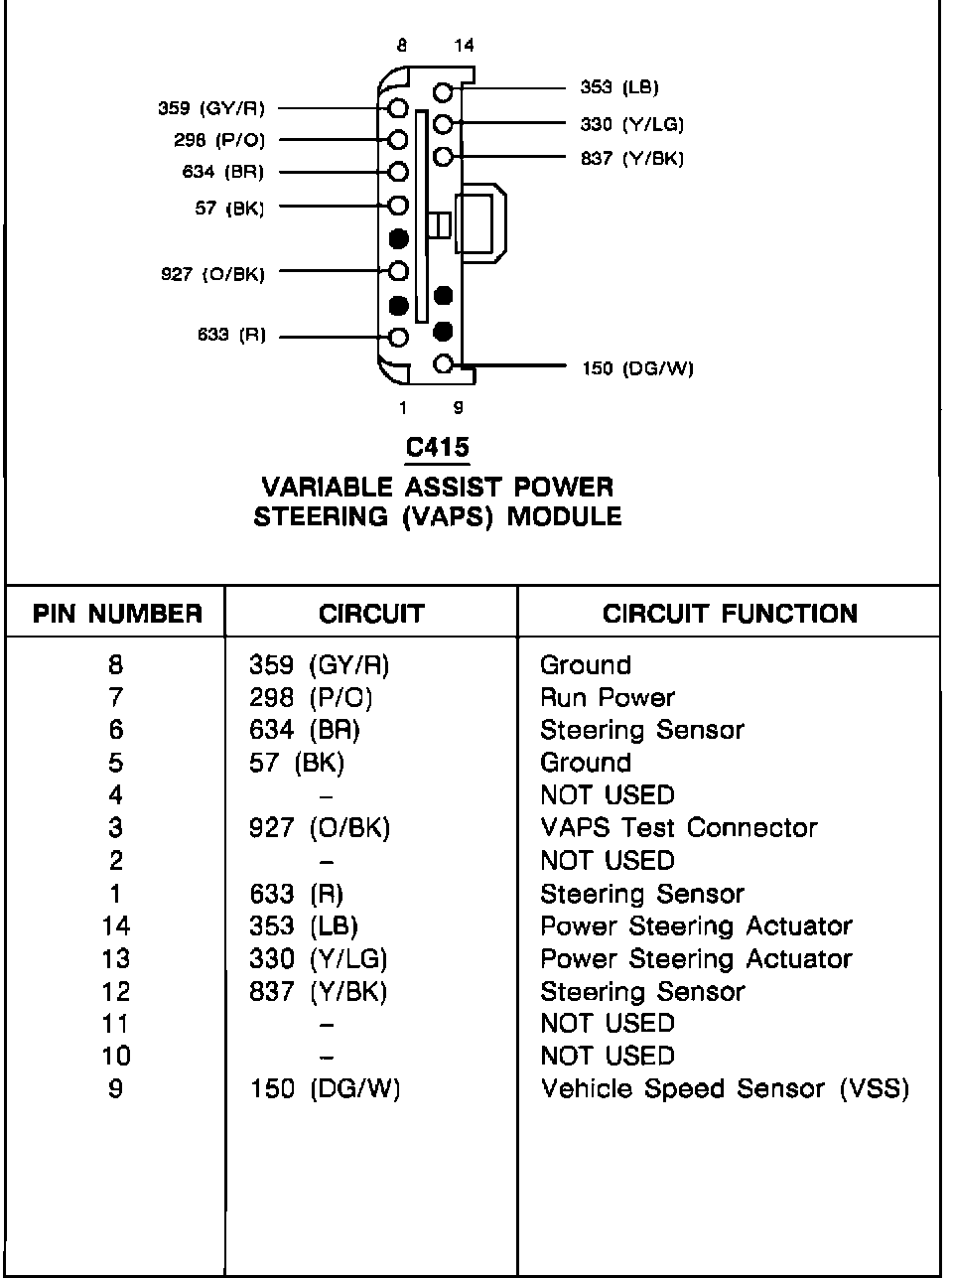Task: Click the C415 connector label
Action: coord(437,448)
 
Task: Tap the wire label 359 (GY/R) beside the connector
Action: coord(211,108)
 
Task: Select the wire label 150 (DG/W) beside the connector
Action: coord(637,369)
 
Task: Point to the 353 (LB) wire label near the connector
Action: coord(618,87)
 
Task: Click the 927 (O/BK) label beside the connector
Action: coord(212,273)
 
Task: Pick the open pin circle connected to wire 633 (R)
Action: coord(399,337)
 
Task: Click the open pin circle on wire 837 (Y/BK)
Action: coord(444,157)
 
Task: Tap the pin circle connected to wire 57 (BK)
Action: coord(399,207)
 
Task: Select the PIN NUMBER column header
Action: coord(117,614)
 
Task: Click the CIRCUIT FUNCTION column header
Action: coord(730,614)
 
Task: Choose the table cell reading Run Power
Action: coord(607,698)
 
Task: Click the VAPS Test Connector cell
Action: coord(678,828)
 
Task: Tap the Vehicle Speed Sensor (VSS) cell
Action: coord(724,1089)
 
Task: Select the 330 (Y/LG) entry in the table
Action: coord(318,959)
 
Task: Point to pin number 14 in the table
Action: coord(115,926)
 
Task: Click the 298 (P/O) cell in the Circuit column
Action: coord(311,698)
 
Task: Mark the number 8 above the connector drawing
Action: coord(401,46)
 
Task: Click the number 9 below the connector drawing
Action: coord(458,407)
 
